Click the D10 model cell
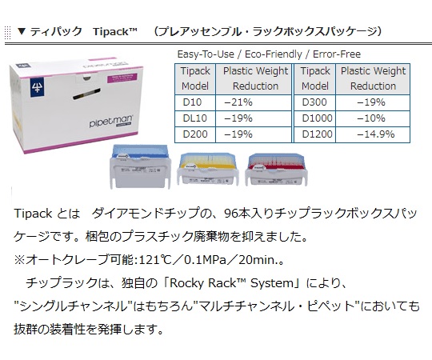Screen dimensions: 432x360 click(195, 102)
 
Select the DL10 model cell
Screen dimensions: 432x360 click(195, 118)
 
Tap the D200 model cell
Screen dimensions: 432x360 click(195, 134)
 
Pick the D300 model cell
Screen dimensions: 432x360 click(315, 102)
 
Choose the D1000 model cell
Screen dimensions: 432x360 click(315, 118)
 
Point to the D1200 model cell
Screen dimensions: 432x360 click(315, 134)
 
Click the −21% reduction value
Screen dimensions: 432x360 click(238, 102)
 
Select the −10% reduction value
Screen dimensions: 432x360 click(371, 118)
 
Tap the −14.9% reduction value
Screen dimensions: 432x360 click(376, 134)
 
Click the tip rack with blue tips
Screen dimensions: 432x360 click(140, 166)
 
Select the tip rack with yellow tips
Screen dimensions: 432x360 click(208, 168)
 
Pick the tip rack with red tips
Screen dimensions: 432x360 click(276, 169)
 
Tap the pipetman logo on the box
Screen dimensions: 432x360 click(110, 121)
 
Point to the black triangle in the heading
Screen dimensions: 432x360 click(22, 31)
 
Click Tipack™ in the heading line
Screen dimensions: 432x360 click(115, 32)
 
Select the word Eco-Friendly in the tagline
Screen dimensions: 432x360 click(274, 54)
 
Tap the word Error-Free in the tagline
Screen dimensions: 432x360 click(337, 54)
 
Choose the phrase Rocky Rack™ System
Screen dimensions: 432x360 click(232, 283)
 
